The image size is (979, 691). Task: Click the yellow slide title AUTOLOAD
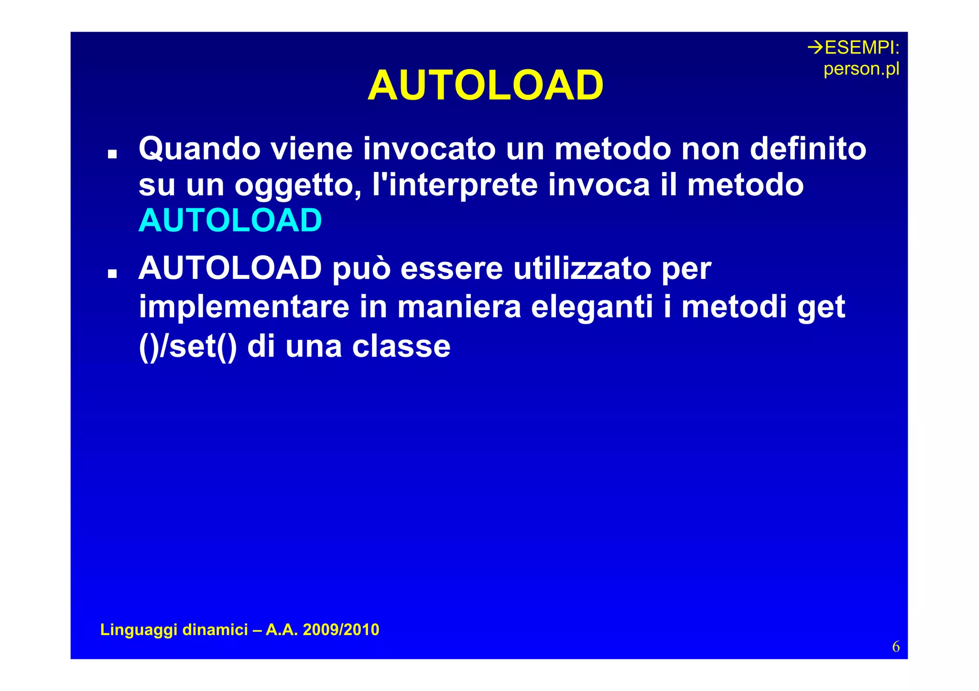pos(485,85)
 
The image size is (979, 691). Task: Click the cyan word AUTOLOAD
pos(230,221)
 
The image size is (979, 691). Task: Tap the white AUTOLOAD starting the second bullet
pos(230,268)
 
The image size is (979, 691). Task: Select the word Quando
pos(199,149)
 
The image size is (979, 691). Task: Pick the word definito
pos(807,149)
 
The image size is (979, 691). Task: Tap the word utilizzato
pos(582,268)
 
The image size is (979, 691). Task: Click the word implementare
pos(244,307)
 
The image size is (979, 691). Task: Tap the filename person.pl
pos(861,69)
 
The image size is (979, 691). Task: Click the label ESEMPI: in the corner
pos(862,48)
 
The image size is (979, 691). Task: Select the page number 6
pos(895,647)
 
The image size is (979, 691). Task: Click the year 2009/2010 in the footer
pos(341,630)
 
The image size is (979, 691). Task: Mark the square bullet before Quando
pos(112,154)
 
